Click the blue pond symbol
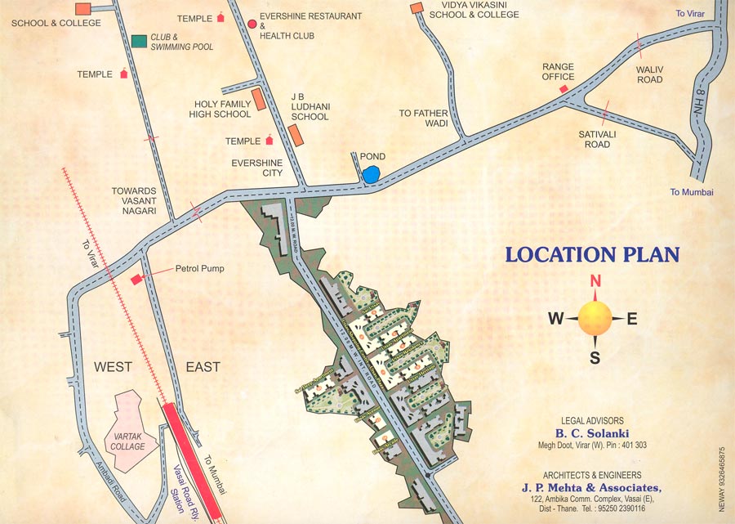pos(371,174)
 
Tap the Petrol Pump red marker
pos(136,280)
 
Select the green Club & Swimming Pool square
pos(139,40)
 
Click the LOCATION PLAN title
pos(592,254)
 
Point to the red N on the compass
pos(595,281)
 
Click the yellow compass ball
pos(595,318)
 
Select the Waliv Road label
pos(649,74)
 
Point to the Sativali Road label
pos(597,139)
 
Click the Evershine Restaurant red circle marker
pos(252,25)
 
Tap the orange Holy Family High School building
pos(259,99)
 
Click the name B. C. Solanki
pos(593,433)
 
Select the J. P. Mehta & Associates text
pos(592,489)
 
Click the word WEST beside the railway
pos(113,367)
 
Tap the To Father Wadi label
pos(424,119)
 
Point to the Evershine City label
pos(256,168)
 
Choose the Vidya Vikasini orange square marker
pos(416,8)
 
